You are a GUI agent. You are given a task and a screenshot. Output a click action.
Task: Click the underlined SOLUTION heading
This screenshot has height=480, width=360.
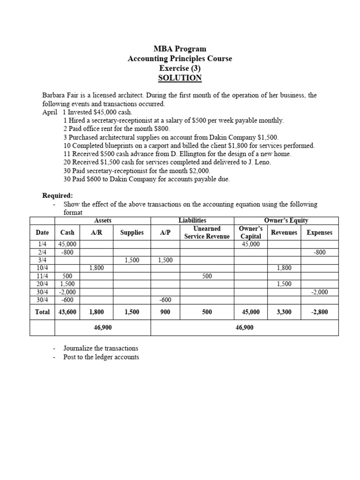coord(180,78)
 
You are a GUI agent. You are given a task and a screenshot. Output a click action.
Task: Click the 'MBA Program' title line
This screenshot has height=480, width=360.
coord(180,49)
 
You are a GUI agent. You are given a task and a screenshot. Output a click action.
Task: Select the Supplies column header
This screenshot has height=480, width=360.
coord(132,232)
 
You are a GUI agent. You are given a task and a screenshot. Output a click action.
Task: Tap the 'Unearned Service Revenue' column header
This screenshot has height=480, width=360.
coord(207,232)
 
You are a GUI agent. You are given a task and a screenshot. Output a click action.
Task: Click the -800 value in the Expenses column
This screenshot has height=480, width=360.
coord(319,252)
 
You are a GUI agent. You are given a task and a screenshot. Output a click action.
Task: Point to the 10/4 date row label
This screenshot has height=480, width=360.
coord(42,268)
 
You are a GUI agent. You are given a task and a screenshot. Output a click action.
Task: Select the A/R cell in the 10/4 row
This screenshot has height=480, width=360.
coord(96,268)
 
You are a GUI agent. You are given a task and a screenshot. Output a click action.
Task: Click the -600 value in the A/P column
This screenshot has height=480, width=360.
coord(165,300)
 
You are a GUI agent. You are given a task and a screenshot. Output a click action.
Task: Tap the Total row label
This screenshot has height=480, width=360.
coord(42,311)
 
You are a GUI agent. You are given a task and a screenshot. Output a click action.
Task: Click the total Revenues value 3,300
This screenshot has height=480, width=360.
coord(284,311)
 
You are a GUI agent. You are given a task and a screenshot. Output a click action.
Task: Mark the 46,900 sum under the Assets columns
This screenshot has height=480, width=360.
coord(103,328)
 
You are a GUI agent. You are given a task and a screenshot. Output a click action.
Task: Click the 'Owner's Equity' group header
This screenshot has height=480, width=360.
coord(286,220)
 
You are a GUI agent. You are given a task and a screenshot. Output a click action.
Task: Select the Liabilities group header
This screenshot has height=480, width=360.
coord(192,220)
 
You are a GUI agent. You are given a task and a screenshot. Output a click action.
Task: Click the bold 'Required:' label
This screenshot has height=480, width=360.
coord(58,195)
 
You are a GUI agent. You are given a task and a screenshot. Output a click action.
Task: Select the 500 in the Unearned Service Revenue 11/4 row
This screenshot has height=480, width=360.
coord(207,276)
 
